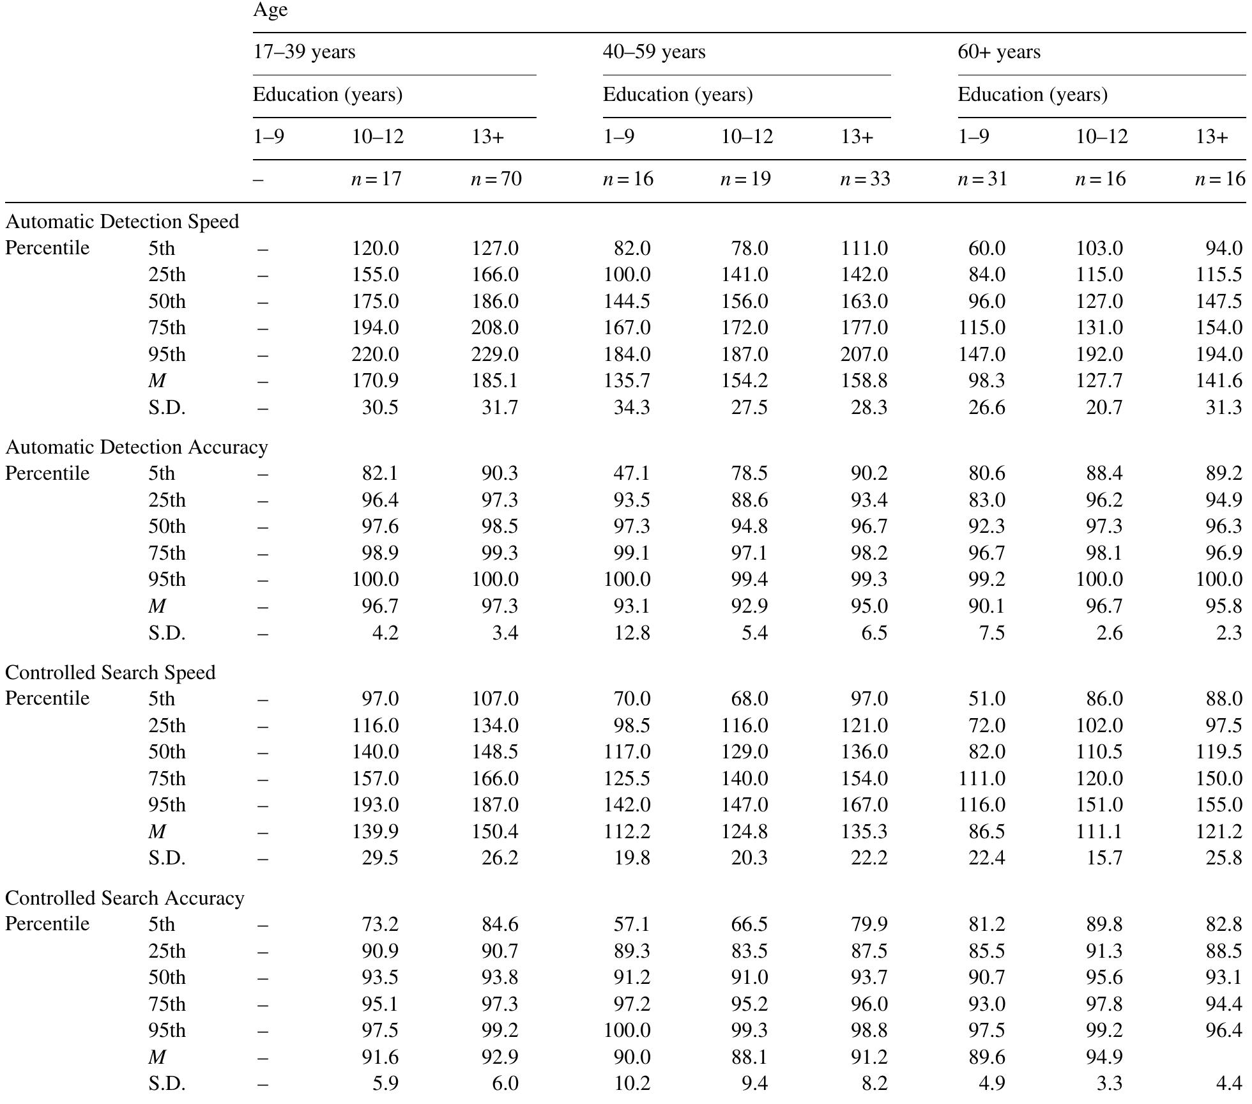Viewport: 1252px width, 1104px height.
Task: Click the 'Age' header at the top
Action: [270, 10]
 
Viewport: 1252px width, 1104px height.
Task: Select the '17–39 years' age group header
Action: [304, 52]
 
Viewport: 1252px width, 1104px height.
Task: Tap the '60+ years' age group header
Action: [998, 52]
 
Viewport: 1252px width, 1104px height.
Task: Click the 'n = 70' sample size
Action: [496, 179]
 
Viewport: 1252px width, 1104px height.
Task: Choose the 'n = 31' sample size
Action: [982, 179]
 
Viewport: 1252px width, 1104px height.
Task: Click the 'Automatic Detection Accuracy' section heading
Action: [137, 447]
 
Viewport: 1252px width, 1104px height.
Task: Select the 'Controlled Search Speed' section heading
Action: [111, 673]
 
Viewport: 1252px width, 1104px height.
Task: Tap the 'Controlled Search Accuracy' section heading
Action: [125, 898]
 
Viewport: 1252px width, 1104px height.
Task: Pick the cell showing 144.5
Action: [627, 302]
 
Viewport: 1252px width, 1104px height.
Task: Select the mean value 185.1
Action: [495, 381]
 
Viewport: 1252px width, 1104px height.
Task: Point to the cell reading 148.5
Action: [495, 752]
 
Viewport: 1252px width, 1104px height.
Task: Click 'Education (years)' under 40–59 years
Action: [678, 95]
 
